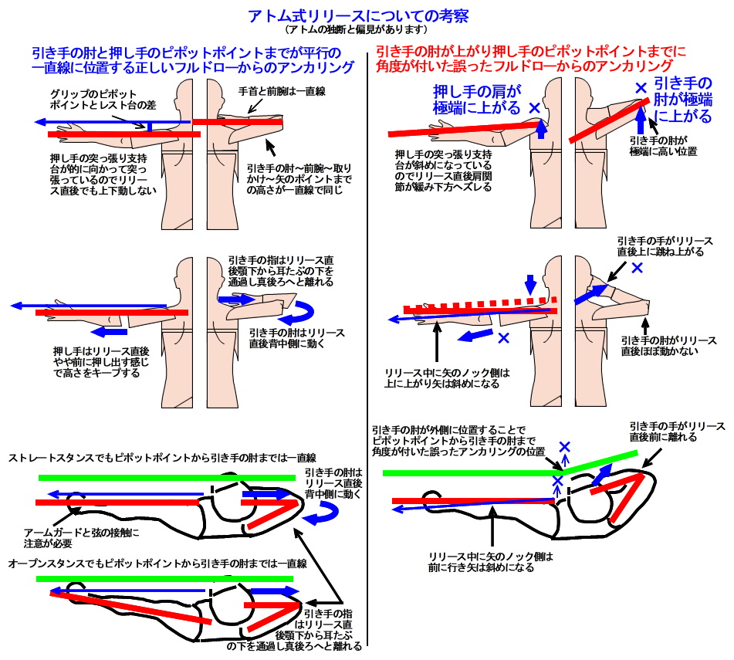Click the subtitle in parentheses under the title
pyautogui.click(x=357, y=30)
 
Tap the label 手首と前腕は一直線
pyautogui.click(x=282, y=92)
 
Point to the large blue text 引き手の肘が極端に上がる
pyautogui.click(x=682, y=100)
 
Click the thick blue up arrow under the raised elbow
pyautogui.click(x=640, y=120)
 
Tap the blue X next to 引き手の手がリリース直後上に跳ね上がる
pyautogui.click(x=637, y=268)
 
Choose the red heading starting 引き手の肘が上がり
pyautogui.click(x=531, y=59)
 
